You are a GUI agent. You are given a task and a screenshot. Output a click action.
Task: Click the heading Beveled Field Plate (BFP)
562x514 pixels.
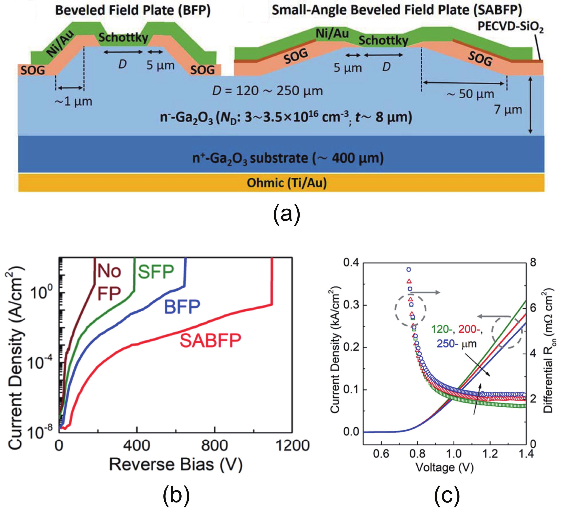click(x=133, y=11)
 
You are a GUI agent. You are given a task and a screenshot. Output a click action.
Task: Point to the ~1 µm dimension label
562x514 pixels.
click(x=73, y=101)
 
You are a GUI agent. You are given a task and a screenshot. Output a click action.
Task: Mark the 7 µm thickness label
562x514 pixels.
click(x=508, y=110)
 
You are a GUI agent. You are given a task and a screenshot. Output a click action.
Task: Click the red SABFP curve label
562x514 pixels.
click(x=210, y=341)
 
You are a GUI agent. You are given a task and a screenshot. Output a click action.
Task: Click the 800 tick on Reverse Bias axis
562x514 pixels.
click(x=215, y=445)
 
